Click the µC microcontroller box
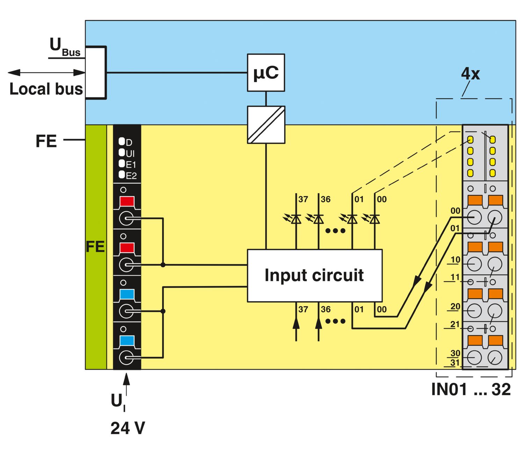(266, 73)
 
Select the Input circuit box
(315, 275)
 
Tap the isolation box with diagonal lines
(266, 125)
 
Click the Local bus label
(46, 89)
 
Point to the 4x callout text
(471, 74)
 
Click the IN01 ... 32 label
(471, 389)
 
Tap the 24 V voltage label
(128, 428)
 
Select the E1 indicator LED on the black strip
(122, 163)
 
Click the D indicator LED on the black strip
(122, 141)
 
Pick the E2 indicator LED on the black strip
(122, 175)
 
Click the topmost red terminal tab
(127, 202)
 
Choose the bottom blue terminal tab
(127, 340)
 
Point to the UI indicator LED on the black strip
(122, 152)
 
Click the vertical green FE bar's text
(95, 247)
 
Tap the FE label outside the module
(46, 141)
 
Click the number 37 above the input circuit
(303, 199)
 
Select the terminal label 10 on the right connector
(455, 260)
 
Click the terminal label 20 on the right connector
(455, 306)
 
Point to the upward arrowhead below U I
(126, 379)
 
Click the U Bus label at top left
(65, 47)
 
